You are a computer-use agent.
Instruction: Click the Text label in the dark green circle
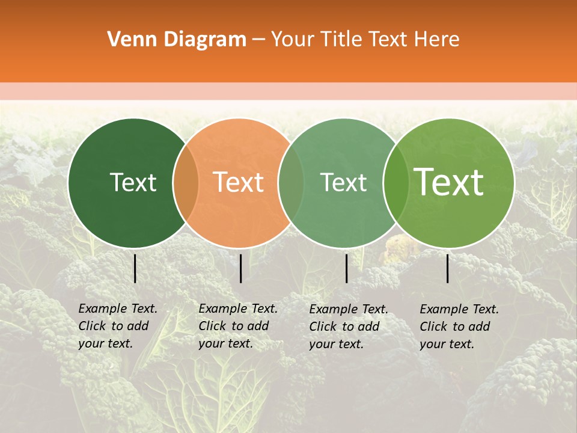click(133, 182)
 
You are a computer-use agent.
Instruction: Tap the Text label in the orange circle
click(238, 182)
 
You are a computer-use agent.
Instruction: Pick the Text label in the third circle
click(343, 182)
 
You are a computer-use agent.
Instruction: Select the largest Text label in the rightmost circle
click(449, 182)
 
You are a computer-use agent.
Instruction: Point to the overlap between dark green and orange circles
click(186, 183)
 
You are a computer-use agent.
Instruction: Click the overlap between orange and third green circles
click(291, 183)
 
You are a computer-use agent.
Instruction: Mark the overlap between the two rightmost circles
click(395, 183)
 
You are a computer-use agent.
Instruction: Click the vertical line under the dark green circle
click(135, 268)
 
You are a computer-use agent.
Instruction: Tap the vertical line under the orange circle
click(240, 268)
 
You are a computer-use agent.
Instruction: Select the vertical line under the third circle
click(347, 268)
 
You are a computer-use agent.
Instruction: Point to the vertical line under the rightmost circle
click(448, 268)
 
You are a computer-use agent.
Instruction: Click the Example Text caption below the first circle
click(117, 326)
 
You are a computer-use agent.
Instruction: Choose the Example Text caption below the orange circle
click(237, 326)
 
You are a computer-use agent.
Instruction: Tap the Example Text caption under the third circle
click(348, 327)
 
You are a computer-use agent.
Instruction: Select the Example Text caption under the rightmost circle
click(459, 327)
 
